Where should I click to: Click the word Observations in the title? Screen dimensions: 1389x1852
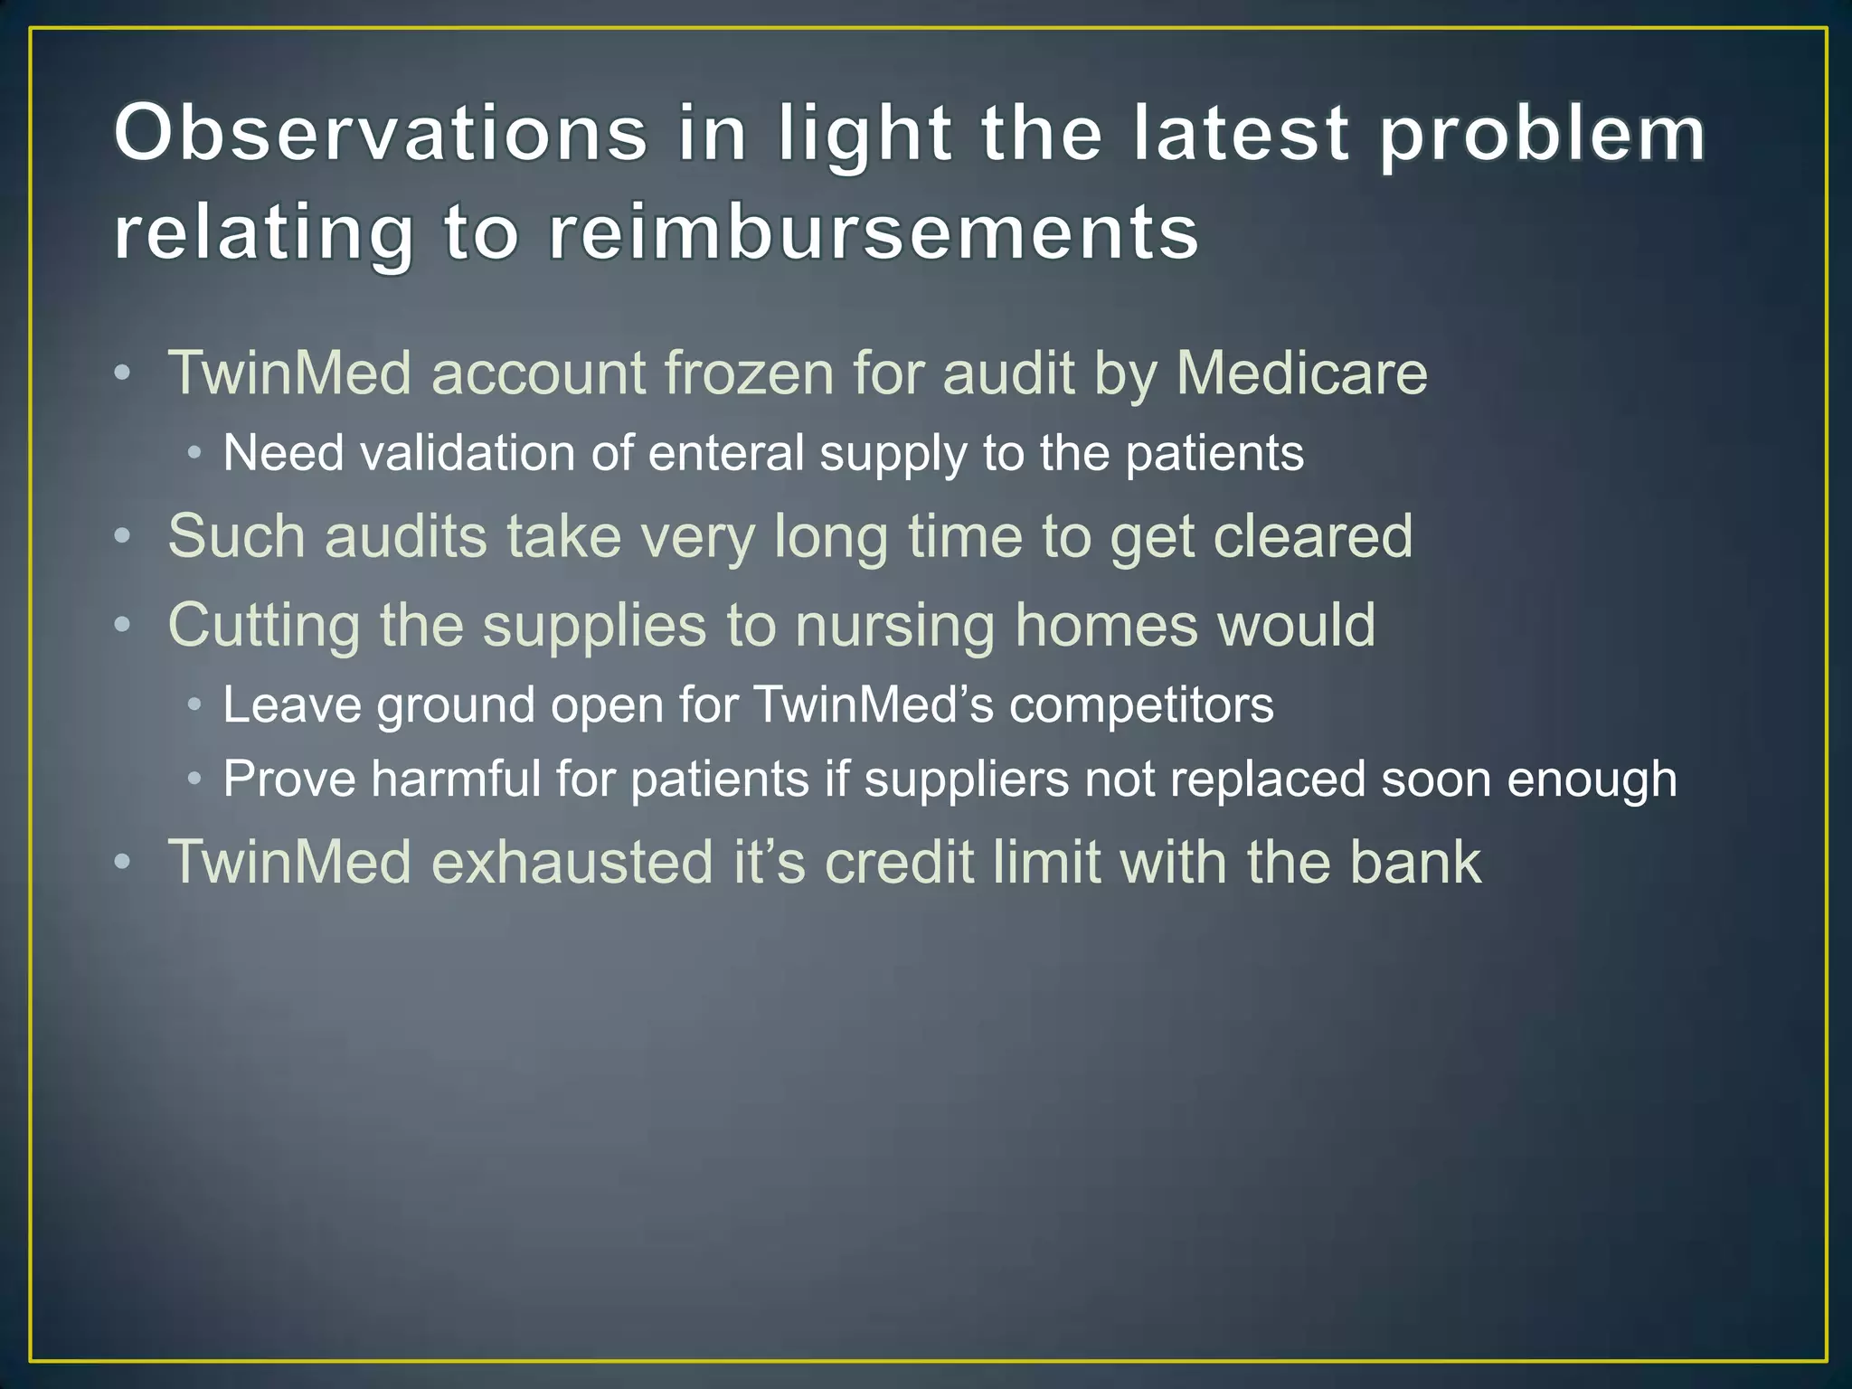coord(380,134)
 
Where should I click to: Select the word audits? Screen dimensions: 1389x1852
coord(405,536)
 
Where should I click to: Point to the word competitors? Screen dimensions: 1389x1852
coord(1140,704)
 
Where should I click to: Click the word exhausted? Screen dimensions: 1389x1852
coord(572,861)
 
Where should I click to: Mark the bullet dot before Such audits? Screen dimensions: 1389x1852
coord(123,536)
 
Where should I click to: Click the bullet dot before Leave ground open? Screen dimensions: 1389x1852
coord(194,704)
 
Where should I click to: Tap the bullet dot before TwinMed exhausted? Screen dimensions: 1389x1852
coord(123,861)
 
